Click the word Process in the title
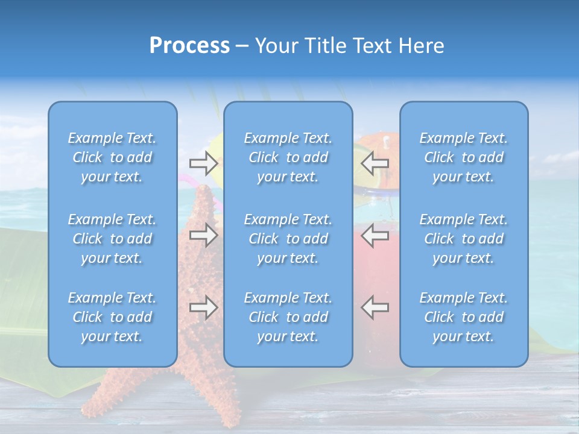189,46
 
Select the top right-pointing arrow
203,163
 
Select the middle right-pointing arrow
203,235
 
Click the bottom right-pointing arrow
203,307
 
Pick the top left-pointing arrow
375,163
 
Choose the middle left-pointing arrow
375,235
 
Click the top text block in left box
112,157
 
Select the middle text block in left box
112,239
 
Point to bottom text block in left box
112,317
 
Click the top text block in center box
288,157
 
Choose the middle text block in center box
288,239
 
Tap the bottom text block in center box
288,317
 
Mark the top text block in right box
463,157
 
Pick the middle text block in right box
463,239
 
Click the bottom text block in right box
463,317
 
